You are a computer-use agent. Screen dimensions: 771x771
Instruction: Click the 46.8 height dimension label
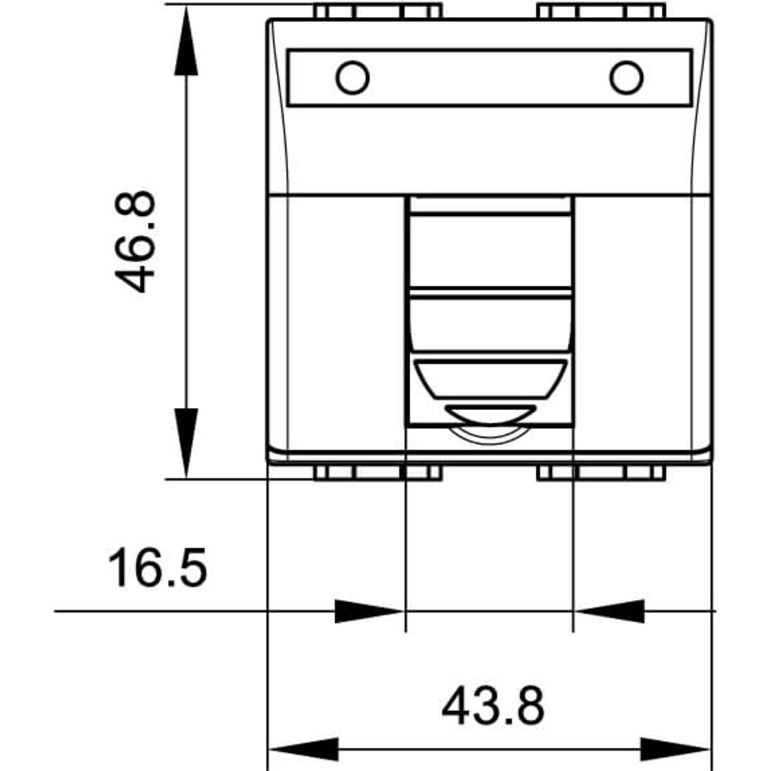click(134, 241)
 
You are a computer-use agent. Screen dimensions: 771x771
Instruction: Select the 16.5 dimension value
click(157, 568)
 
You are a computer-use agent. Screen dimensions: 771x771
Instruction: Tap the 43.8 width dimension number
click(493, 706)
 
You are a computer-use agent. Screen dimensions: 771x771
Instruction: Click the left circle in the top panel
click(352, 78)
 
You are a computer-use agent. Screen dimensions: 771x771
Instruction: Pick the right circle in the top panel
click(626, 78)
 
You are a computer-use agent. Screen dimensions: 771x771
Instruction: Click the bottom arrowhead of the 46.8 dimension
click(186, 443)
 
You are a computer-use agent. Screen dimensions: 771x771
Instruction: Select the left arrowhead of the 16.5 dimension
click(369, 611)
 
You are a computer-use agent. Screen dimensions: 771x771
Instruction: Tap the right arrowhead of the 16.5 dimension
click(609, 611)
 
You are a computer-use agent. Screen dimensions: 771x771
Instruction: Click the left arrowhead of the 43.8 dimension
click(303, 750)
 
